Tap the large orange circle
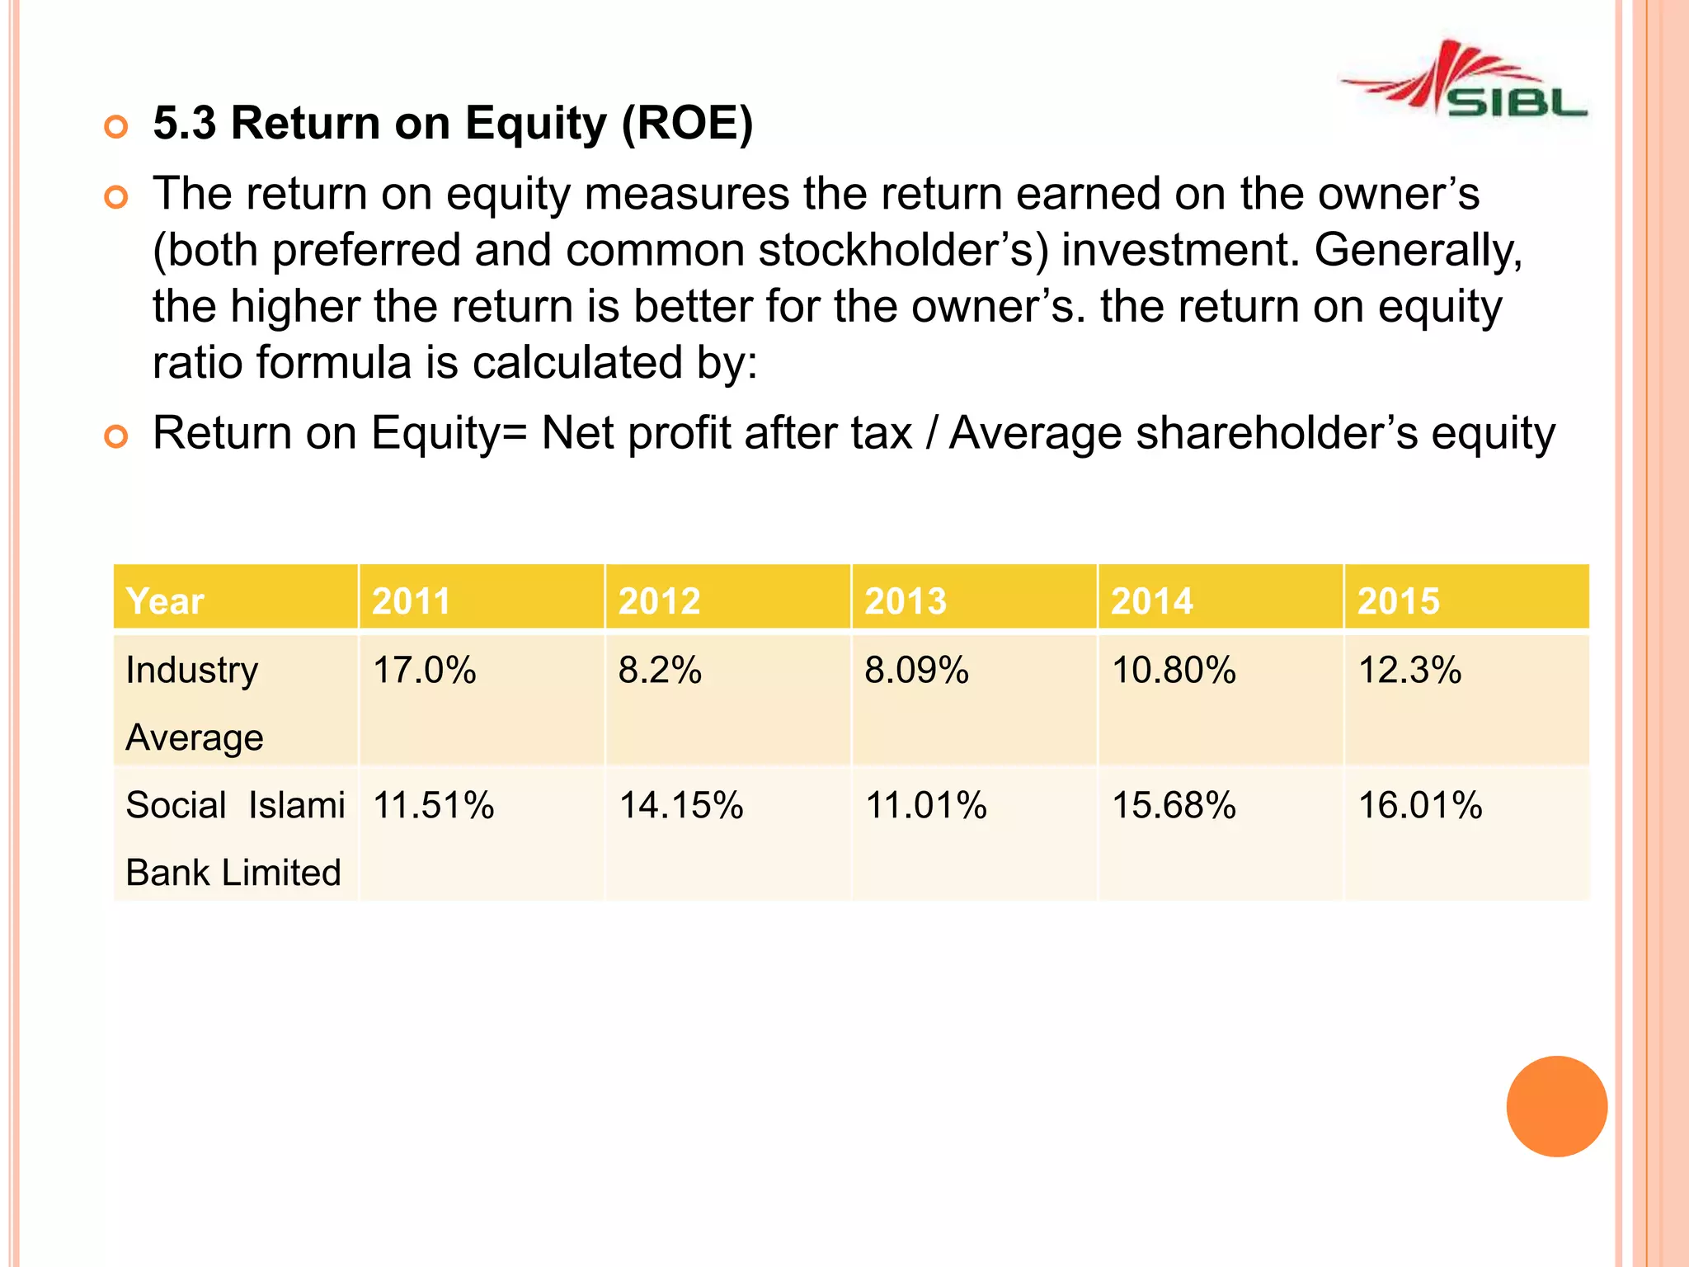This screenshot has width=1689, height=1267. [x=1556, y=1106]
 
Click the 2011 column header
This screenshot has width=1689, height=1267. [x=411, y=601]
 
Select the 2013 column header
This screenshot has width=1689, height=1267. [x=905, y=601]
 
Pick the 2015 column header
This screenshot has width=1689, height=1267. [x=1398, y=601]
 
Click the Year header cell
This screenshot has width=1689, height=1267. [x=165, y=601]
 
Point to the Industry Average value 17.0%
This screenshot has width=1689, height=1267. [x=424, y=670]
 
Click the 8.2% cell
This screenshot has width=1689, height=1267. [x=660, y=670]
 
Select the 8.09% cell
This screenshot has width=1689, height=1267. [x=916, y=670]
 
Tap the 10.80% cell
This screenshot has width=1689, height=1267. [x=1174, y=670]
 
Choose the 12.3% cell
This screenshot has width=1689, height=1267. [x=1409, y=670]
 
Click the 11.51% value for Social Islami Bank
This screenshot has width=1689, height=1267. [x=433, y=805]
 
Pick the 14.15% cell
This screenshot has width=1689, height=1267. [x=681, y=805]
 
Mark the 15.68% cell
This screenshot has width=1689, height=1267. [x=1174, y=805]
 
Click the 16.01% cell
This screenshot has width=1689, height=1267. [x=1420, y=805]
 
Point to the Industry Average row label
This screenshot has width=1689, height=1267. [x=194, y=703]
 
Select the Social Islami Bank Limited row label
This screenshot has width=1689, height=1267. [x=234, y=838]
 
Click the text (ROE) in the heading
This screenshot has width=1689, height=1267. [x=687, y=124]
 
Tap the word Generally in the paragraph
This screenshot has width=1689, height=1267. [x=1417, y=250]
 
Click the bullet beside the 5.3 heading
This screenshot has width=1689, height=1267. [x=116, y=127]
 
